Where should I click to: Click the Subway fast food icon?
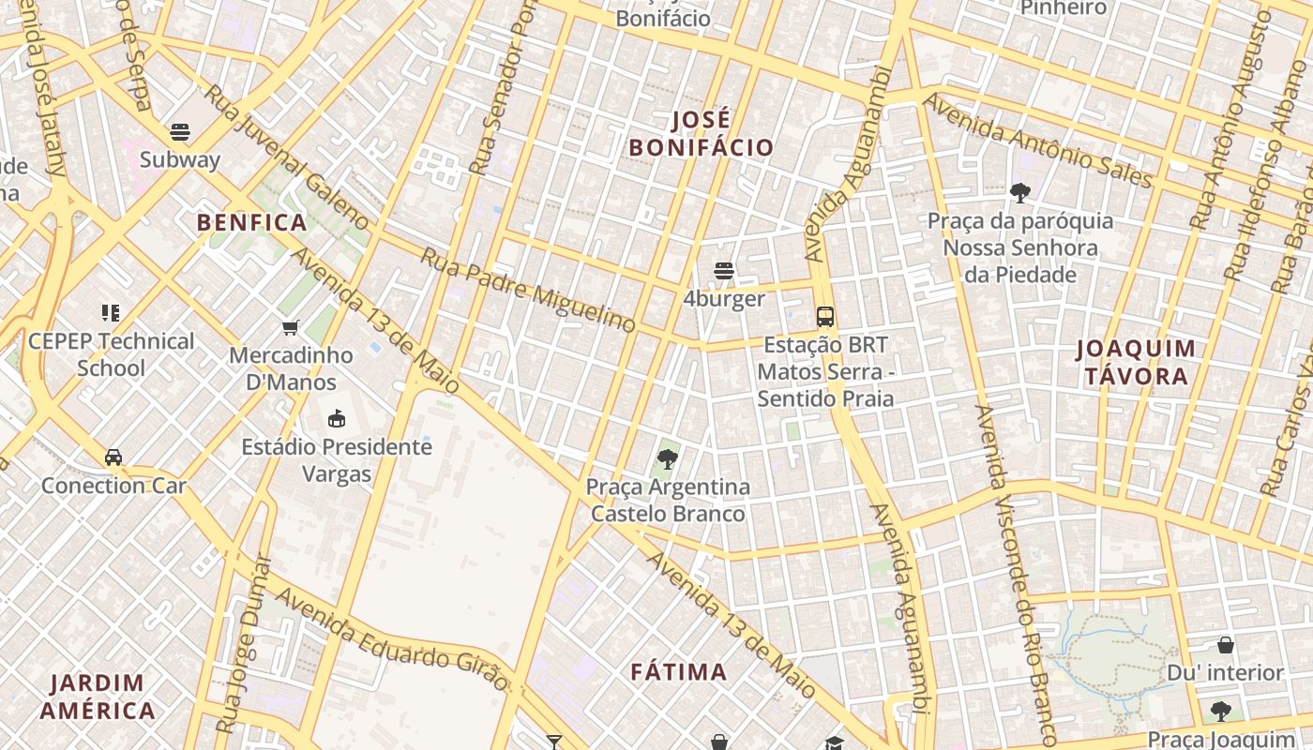[180, 132]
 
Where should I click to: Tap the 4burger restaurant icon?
[723, 272]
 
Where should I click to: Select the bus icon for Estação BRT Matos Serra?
[825, 317]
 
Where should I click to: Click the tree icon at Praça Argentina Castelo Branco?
[668, 459]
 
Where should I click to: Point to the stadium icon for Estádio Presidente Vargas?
[337, 418]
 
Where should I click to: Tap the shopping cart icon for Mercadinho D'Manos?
[291, 328]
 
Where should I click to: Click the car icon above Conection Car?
[113, 457]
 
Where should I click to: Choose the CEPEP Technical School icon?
[111, 313]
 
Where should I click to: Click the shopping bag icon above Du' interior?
[1225, 645]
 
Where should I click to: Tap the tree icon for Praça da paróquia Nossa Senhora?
[1019, 193]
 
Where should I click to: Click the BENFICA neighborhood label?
[252, 222]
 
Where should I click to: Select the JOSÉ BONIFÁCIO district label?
[702, 134]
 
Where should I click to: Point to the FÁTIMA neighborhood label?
[679, 671]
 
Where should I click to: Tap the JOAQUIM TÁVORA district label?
[1136, 363]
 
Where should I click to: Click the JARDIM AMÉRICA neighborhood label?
[98, 696]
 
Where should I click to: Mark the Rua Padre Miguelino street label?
[528, 289]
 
